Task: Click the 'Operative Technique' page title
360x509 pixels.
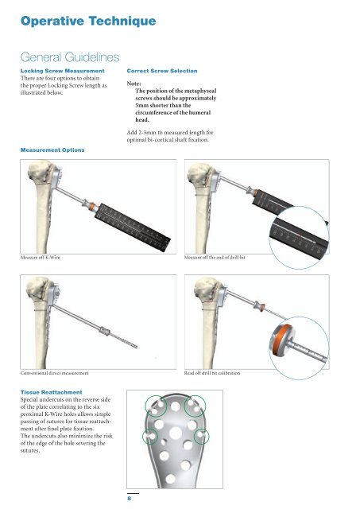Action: click(x=88, y=21)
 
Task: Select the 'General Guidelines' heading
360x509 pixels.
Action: click(x=70, y=57)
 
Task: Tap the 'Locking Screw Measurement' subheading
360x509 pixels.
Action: click(x=62, y=71)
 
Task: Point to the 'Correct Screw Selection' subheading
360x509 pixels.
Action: click(x=162, y=71)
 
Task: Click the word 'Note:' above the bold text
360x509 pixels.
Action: click(x=134, y=84)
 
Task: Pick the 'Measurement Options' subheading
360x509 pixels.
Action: click(x=52, y=150)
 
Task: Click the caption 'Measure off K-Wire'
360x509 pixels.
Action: click(x=40, y=258)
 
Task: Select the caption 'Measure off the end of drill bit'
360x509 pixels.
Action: click(x=215, y=258)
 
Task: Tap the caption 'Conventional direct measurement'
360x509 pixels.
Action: click(x=54, y=373)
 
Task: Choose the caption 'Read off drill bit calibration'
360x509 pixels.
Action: click(x=212, y=373)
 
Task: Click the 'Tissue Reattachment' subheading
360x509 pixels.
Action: click(x=51, y=392)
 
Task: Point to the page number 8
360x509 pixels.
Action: click(x=129, y=499)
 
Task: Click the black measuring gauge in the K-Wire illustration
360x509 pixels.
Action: click(x=133, y=227)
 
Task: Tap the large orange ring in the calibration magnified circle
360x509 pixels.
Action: click(x=281, y=340)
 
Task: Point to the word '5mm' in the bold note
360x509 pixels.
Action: click(x=142, y=105)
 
